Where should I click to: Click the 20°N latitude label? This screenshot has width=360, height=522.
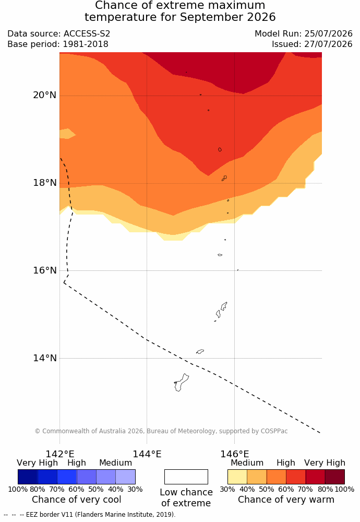pos(44,95)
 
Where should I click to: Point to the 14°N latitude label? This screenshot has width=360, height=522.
pos(44,358)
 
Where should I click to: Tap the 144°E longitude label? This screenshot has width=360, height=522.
pos(147,454)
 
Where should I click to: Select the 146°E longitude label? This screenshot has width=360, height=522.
pos(235,454)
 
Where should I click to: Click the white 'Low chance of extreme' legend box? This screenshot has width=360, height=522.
pos(186,477)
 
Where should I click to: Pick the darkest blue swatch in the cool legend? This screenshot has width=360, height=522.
pos(28,477)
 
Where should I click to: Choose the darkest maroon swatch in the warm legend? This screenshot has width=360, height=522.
pos(335,477)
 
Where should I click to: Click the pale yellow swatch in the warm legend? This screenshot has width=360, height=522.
pos(237,477)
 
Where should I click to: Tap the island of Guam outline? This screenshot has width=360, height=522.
pos(181,383)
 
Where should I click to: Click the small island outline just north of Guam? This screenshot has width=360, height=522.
pos(200,351)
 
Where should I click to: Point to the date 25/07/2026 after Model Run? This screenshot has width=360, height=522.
pos(328,33)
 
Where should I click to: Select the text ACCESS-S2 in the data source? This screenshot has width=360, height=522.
pos(87,33)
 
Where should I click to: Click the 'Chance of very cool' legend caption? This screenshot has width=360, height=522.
pos(77,500)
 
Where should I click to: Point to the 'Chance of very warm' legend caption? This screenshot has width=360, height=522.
pos(286,500)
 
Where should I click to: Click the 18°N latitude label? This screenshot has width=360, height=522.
pos(44,183)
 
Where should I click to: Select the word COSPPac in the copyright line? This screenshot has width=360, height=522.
pos(274,431)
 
